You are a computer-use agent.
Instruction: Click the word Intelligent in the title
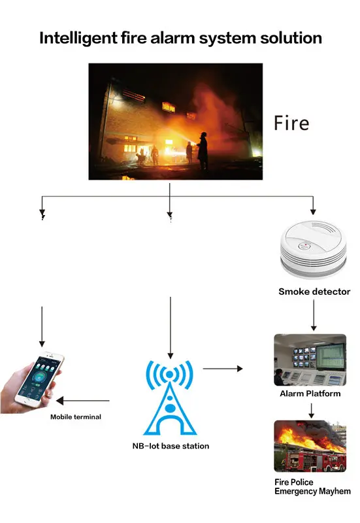pos(78,39)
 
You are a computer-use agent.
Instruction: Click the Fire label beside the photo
pos(291,123)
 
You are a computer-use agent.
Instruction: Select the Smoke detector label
pos(314,292)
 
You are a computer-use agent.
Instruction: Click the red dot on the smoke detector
pos(306,245)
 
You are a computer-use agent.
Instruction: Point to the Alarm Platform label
pos(310,394)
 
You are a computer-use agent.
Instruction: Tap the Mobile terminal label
pos(76,416)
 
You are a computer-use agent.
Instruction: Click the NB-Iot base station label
pos(171,446)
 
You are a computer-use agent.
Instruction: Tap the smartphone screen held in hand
pos(40,380)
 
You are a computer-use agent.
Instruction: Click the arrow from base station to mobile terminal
pos(83,401)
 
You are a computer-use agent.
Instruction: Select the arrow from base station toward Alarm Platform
pos(223,369)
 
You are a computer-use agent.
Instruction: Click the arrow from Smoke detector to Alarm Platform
pos(314,315)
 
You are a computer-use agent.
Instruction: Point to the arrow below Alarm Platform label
pos(312,411)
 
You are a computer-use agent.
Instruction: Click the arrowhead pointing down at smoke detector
pos(313,212)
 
